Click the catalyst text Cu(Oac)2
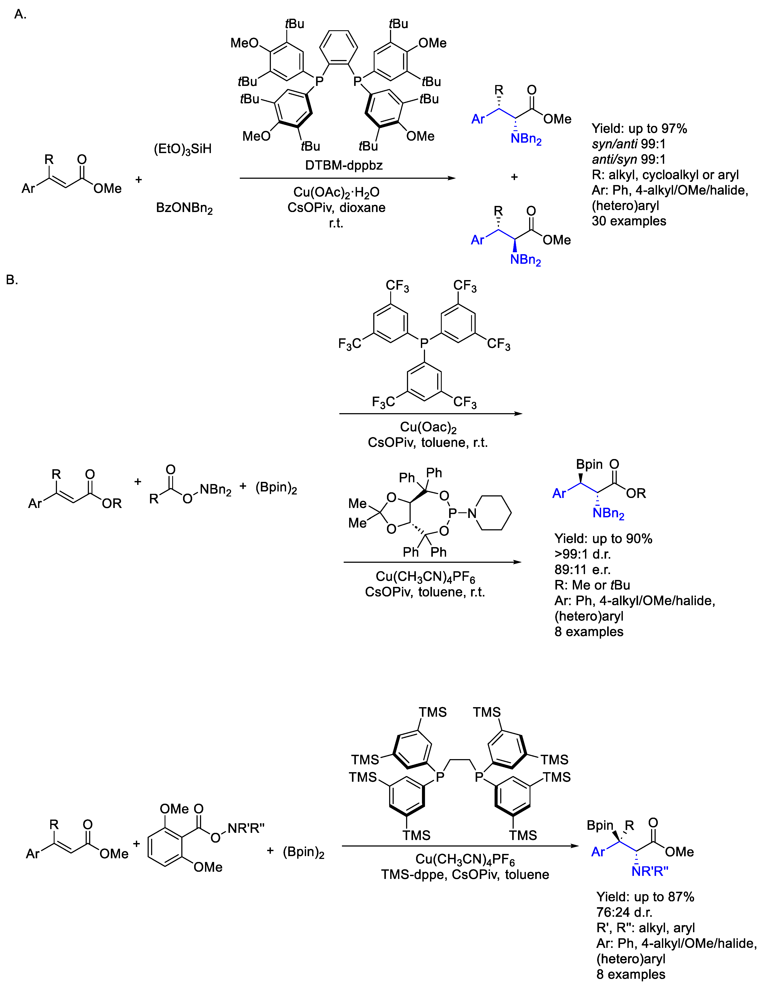tap(428, 427)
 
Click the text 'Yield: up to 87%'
tap(645, 897)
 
